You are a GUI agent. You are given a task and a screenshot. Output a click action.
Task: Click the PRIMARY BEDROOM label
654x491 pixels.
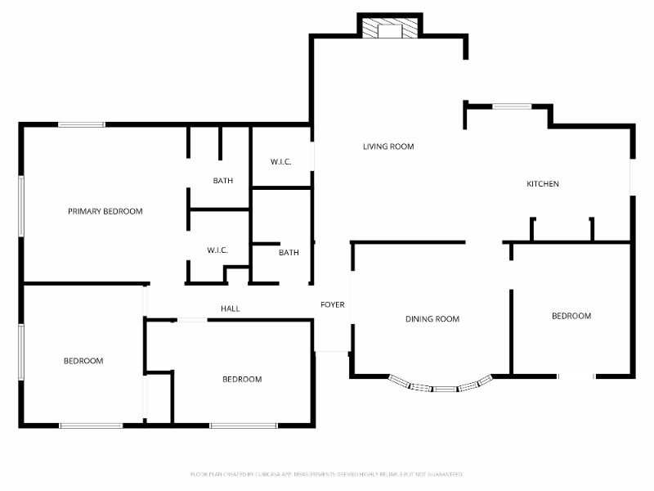(105, 211)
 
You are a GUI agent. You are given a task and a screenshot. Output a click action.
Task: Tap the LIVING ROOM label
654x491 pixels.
(388, 146)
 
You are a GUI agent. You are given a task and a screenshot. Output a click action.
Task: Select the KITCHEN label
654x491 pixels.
(542, 184)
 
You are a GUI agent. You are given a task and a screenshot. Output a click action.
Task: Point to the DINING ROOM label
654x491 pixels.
(432, 319)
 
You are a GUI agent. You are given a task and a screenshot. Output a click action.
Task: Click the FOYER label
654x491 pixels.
(332, 304)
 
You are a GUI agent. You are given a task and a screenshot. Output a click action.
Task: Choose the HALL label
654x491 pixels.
(230, 309)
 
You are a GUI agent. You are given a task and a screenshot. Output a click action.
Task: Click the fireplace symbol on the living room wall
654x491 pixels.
(390, 29)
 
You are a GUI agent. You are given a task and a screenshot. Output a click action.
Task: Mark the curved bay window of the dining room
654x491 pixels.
(441, 385)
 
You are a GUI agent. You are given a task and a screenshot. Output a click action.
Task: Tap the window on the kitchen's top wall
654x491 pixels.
(512, 106)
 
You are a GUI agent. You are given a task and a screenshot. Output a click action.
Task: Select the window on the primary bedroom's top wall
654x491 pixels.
(81, 124)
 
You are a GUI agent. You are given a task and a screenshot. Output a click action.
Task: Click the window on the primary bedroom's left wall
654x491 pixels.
(21, 206)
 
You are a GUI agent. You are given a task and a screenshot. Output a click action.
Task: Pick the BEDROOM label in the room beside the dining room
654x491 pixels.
(571, 316)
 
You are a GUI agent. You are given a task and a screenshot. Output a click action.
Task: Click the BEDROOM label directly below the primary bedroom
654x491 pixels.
(83, 361)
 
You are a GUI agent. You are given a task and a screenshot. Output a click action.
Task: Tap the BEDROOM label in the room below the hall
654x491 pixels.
(242, 379)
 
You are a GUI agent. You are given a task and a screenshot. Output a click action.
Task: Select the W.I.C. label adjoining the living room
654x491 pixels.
(280, 161)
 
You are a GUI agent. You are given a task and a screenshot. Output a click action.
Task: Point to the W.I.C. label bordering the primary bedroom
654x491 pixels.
(217, 250)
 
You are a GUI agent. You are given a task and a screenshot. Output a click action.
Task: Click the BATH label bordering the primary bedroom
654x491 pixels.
(223, 181)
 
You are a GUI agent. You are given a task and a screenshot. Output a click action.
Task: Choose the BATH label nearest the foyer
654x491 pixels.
(289, 253)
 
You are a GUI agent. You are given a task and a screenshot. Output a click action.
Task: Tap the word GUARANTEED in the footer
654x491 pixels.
(446, 474)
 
